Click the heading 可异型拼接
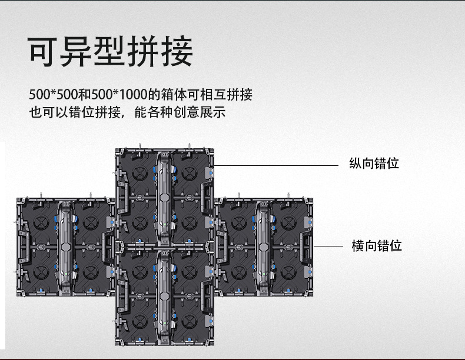pos(111,52)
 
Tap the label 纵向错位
pos(374,164)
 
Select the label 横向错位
pos(376,245)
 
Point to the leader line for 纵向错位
pos(277,165)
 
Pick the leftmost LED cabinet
pos(65,247)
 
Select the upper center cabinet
pos(164,197)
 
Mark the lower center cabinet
pos(164,297)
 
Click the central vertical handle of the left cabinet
pos(65,247)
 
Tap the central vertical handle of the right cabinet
pos(264,247)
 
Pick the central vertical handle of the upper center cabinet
pos(164,197)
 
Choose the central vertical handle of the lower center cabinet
pos(164,297)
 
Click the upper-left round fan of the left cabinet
pos(41,223)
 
